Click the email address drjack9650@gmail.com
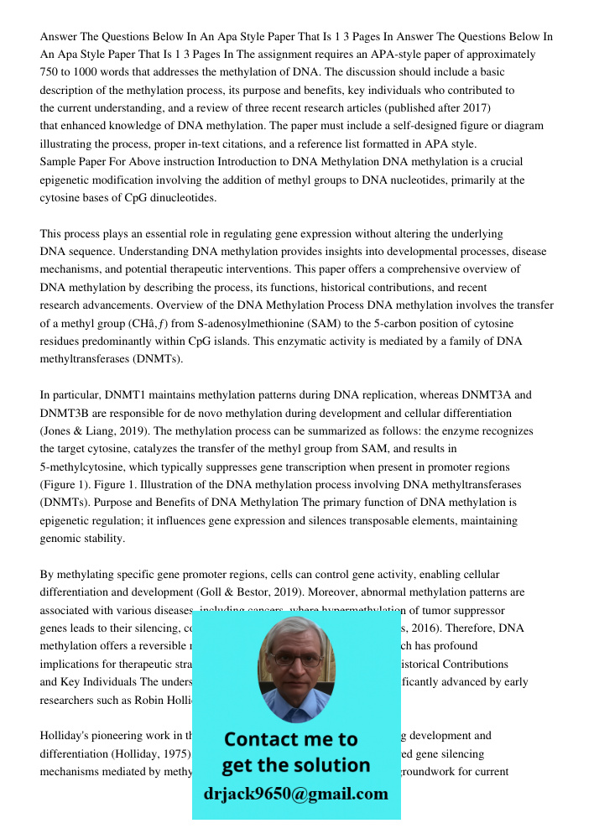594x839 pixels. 295,793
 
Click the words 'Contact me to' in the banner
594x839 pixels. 290,739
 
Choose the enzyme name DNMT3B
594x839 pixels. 67,413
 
